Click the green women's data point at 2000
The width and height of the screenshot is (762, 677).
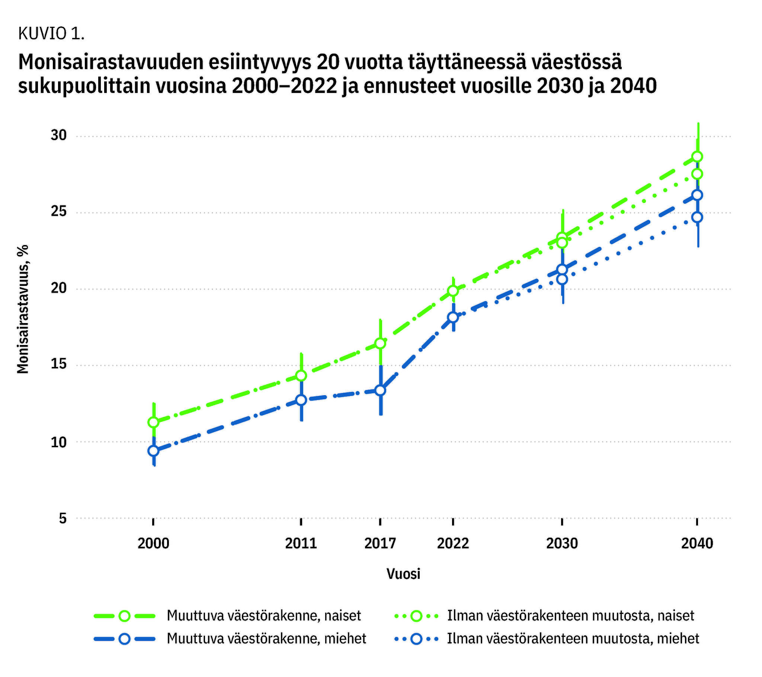coord(153,422)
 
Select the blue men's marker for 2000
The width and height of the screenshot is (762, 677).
coord(153,451)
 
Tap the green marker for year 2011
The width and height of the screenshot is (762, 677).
coord(301,375)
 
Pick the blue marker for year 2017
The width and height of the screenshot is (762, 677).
coord(380,390)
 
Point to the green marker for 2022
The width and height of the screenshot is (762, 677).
coord(453,290)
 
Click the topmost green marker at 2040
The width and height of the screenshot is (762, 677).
coord(697,156)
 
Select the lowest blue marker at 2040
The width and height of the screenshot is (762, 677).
coord(697,217)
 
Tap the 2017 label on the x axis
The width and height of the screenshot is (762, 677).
coord(380,544)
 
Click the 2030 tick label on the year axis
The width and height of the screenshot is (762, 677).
coord(562,544)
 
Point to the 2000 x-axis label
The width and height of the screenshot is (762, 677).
coord(153,544)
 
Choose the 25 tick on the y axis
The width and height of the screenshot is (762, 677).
coord(58,212)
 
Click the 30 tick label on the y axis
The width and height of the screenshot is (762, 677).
coord(58,136)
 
